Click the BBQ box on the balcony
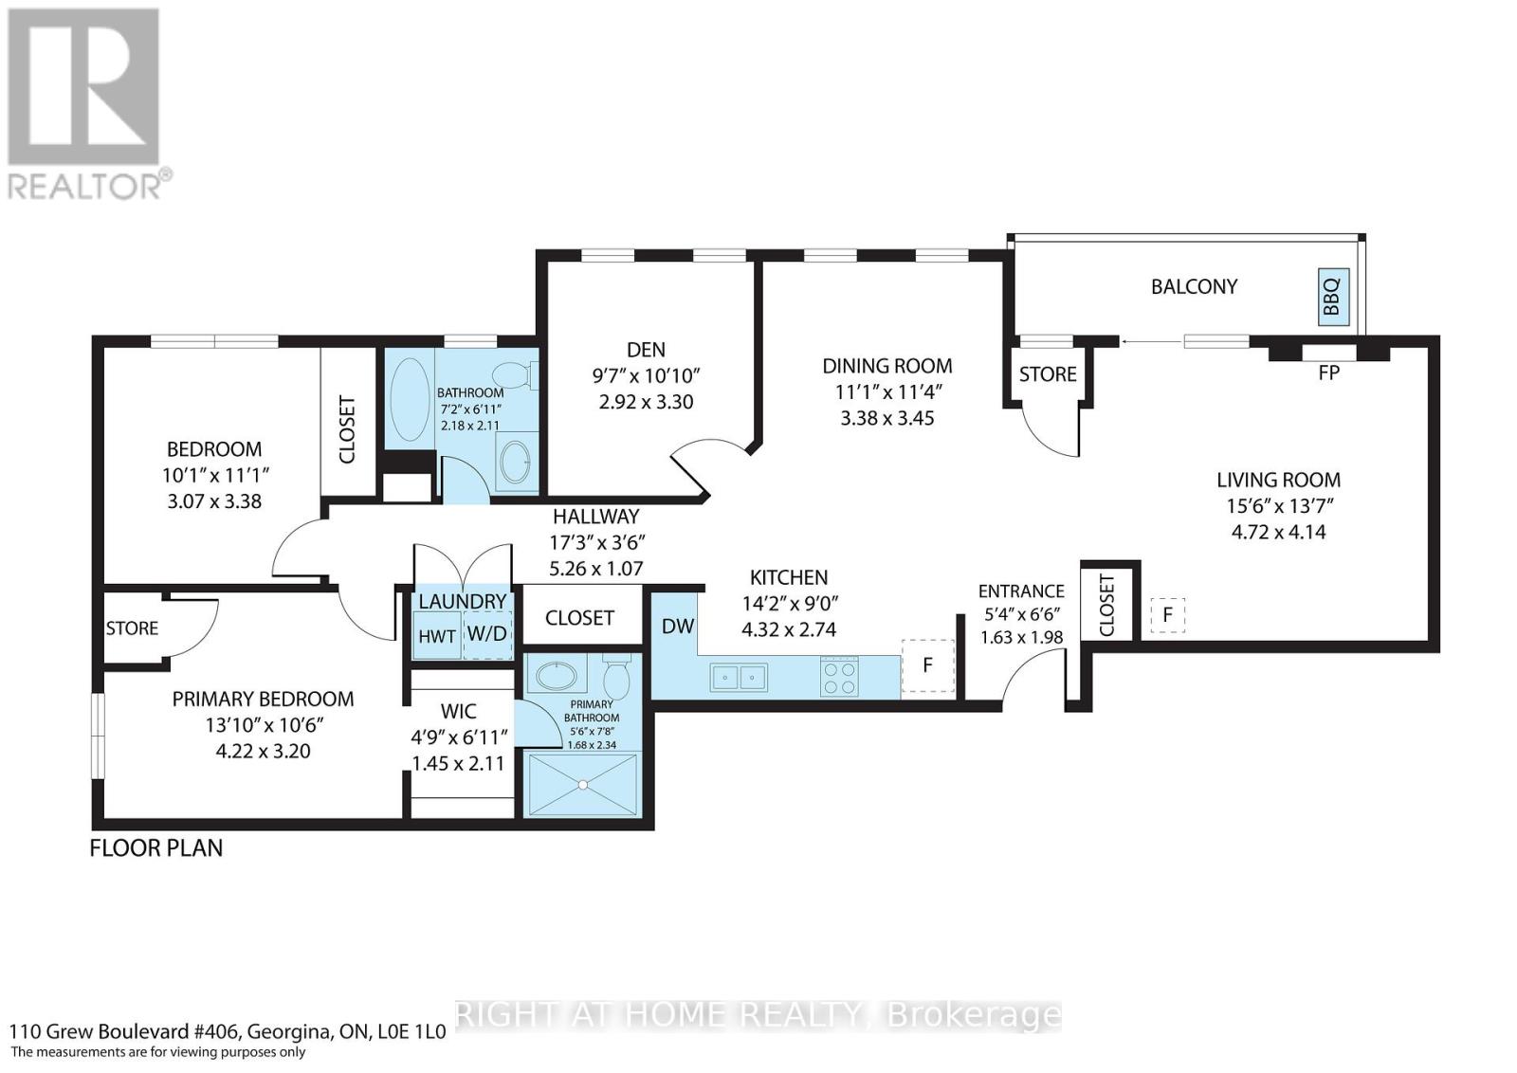(x=1333, y=297)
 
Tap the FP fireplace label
(x=1328, y=373)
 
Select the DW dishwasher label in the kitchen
(x=677, y=627)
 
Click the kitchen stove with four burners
(x=839, y=676)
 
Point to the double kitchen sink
(x=739, y=677)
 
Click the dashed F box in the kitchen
(x=927, y=665)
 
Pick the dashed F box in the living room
(x=1167, y=614)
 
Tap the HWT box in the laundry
(x=437, y=636)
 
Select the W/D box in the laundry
(x=487, y=634)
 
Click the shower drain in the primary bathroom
(x=583, y=785)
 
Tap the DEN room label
(x=646, y=350)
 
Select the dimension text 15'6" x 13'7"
(x=1278, y=506)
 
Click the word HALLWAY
(x=596, y=517)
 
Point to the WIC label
(x=459, y=712)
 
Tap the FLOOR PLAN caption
(x=156, y=848)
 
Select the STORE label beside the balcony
(x=1048, y=374)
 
